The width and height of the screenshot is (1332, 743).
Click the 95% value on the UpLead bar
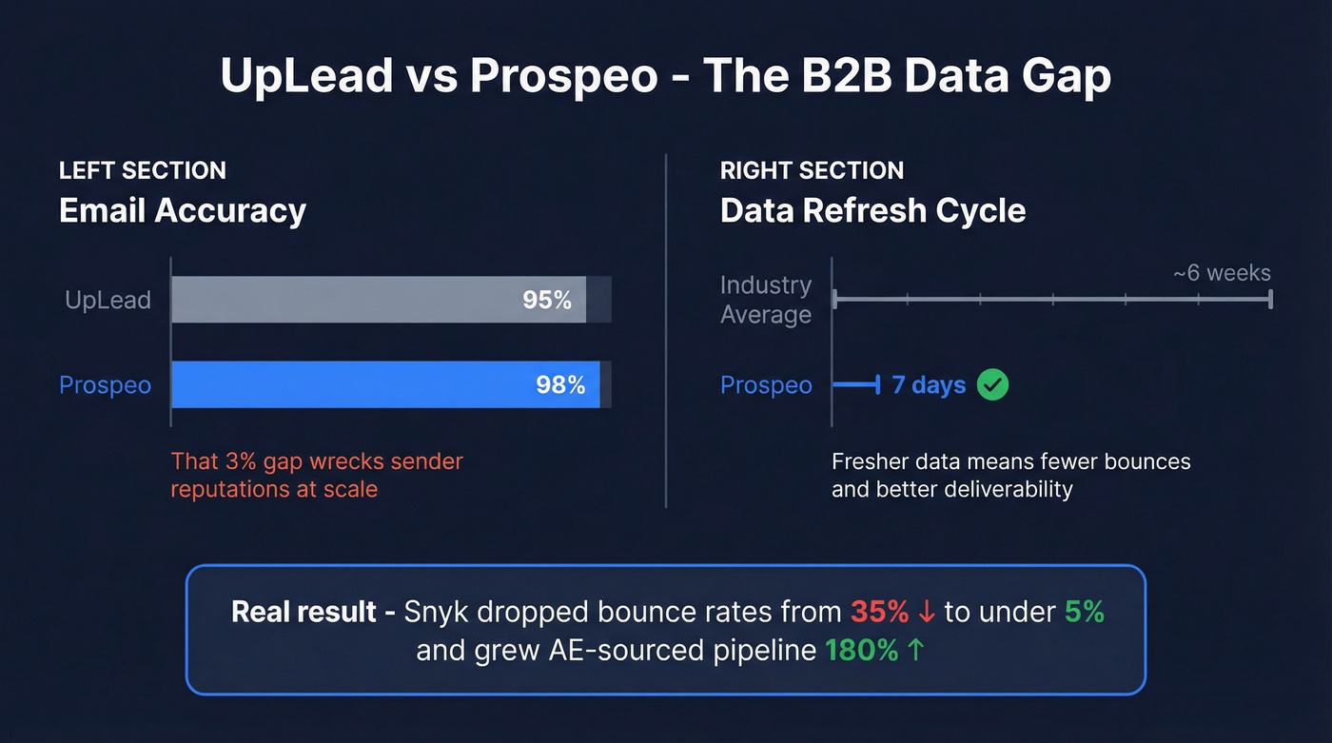pos(547,301)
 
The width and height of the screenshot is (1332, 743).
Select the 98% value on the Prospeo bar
pos(560,385)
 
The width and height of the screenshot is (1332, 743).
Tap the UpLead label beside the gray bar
pos(108,301)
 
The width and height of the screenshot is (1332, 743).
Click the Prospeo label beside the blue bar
pos(105,385)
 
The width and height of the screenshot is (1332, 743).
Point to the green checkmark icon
pos(992,385)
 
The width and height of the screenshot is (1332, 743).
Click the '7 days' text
pos(929,385)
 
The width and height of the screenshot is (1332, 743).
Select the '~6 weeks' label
pos(1222,273)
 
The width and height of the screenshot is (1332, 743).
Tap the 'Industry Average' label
pos(766,300)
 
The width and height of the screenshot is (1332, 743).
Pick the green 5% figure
pos(1084,612)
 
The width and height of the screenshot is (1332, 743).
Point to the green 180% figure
pos(861,651)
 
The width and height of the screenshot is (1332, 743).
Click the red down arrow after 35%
pos(927,613)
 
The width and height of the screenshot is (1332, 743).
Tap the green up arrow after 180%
pos(916,651)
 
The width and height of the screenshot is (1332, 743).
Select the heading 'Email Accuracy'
pos(183,210)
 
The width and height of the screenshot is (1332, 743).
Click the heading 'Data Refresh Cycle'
pos(872,210)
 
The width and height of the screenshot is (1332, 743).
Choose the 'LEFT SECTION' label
pos(143,171)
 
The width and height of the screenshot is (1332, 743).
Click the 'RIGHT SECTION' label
pos(812,171)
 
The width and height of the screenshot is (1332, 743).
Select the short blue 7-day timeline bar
pos(855,385)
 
